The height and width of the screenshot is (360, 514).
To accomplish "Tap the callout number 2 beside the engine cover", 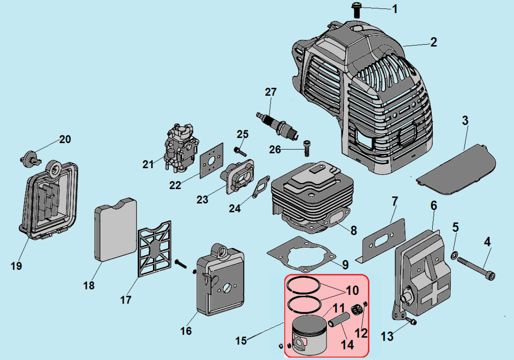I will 433,42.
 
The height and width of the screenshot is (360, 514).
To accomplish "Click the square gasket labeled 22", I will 212,161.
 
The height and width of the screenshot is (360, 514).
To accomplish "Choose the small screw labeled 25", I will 240,152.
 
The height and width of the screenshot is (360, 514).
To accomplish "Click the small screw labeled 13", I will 411,322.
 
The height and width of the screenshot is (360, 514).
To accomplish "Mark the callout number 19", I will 16,266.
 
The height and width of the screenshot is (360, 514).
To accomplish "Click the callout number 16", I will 186,331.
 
